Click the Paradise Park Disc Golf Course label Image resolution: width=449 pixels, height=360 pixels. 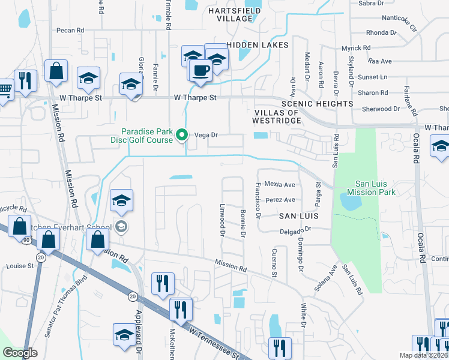(147, 136)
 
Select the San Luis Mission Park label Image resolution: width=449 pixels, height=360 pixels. (367, 188)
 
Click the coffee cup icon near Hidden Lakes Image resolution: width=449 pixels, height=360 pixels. (200, 70)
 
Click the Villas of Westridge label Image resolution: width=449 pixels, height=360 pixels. (277, 116)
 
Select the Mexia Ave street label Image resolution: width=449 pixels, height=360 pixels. (281, 185)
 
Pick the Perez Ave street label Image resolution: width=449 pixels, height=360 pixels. (281, 200)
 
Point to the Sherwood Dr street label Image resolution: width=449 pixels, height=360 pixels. (381, 109)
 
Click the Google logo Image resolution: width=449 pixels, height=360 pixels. (20, 353)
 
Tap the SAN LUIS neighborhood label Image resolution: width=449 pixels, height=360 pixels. (297, 215)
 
